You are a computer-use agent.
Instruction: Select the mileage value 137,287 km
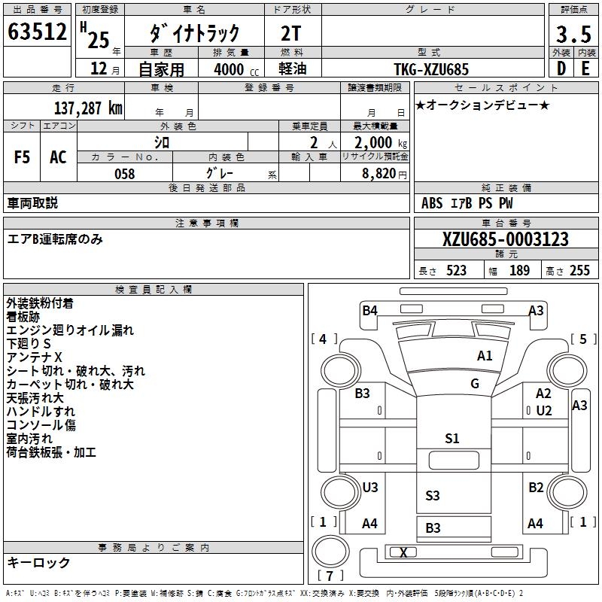pyautogui.click(x=87, y=108)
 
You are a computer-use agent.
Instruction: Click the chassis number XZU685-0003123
pyautogui.click(x=506, y=239)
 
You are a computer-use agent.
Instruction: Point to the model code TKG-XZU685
pyautogui.click(x=431, y=69)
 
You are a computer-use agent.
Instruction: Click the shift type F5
pyautogui.click(x=22, y=157)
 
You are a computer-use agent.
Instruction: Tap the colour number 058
pyautogui.click(x=124, y=174)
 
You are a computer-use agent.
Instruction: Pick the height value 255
pyautogui.click(x=579, y=271)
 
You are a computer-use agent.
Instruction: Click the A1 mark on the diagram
pyautogui.click(x=485, y=355)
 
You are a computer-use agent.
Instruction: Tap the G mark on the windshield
pyautogui.click(x=475, y=384)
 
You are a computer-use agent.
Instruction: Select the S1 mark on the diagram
pyautogui.click(x=451, y=439)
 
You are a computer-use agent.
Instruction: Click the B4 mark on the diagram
pyautogui.click(x=369, y=310)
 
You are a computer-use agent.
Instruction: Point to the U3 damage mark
pyautogui.click(x=369, y=488)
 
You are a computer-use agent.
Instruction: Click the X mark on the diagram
pyautogui.click(x=403, y=552)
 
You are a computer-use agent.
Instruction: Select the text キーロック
pyautogui.click(x=38, y=562)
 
